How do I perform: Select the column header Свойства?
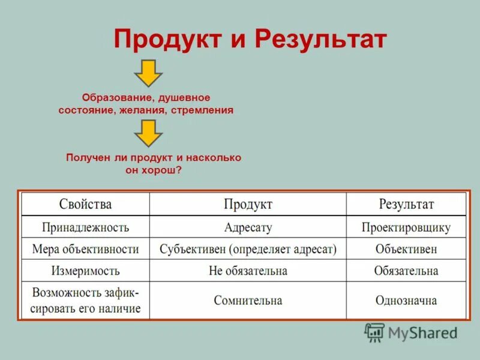click(x=85, y=205)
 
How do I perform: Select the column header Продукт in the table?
click(x=248, y=205)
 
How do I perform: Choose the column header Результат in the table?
click(x=406, y=205)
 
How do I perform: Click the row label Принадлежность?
click(x=85, y=227)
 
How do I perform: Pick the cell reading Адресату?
click(x=248, y=227)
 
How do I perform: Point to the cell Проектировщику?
click(x=406, y=227)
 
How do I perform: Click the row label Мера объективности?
click(x=85, y=248)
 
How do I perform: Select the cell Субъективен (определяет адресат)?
click(x=248, y=248)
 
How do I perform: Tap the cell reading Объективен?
click(x=406, y=248)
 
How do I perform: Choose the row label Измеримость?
click(x=85, y=271)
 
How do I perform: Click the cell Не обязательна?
click(x=248, y=271)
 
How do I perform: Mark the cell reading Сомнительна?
click(x=248, y=300)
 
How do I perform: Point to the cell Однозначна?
click(x=406, y=300)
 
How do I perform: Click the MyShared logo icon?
click(x=374, y=332)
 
